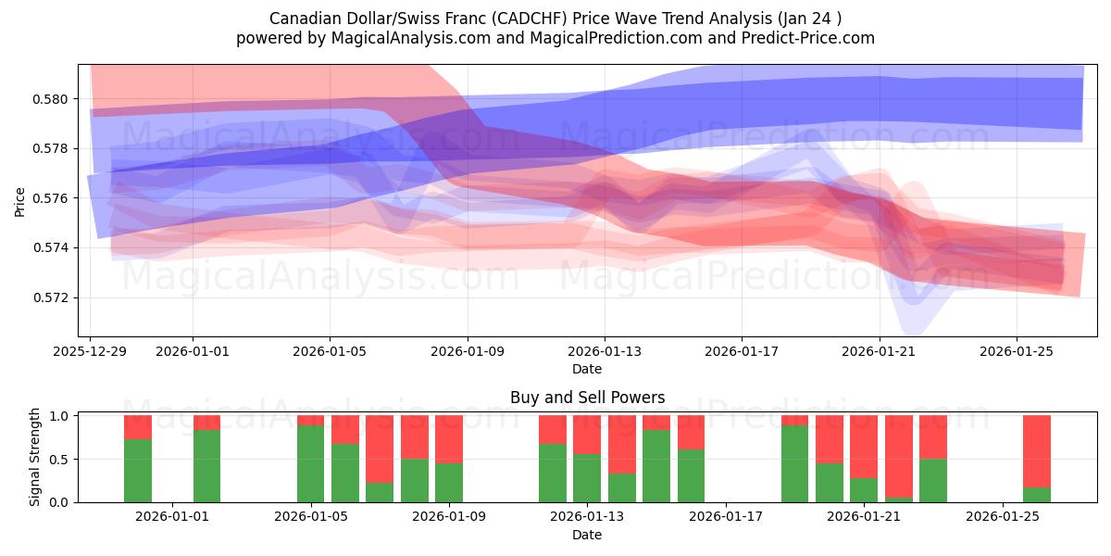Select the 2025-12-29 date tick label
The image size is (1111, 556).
pos(90,352)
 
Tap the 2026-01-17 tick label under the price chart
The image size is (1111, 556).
pos(742,352)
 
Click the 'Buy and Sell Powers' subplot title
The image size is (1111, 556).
pos(587,398)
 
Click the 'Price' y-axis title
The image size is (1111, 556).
pos(20,202)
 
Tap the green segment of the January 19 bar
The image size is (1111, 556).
pos(794,463)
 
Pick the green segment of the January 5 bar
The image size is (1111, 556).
pos(311,463)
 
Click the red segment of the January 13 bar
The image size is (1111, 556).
pos(621,444)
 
